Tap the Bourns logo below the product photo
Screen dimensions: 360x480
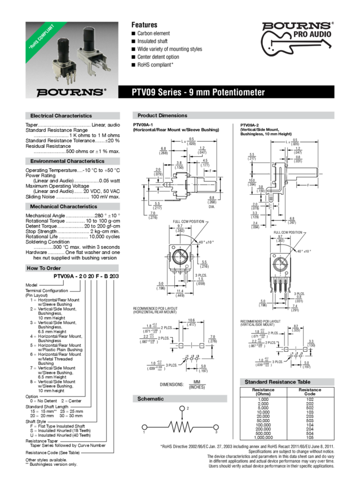tap(71, 91)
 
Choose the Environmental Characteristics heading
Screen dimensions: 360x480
tap(68, 162)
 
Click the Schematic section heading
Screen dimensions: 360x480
tap(151, 399)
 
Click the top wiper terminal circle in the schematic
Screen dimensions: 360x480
tap(181, 408)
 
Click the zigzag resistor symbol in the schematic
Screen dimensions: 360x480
tap(181, 427)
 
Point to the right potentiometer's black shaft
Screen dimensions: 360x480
tap(89, 37)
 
